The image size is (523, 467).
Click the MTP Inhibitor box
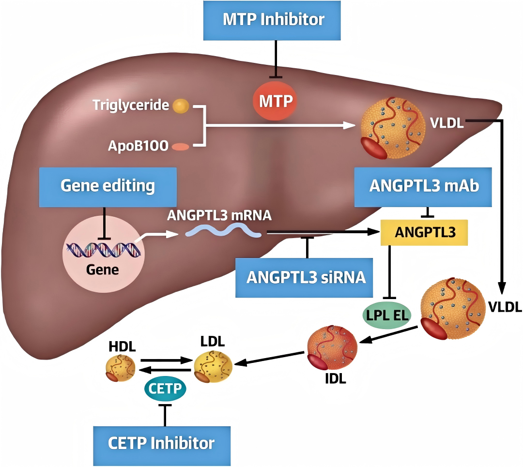(x=274, y=20)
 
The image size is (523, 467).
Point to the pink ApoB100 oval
(x=181, y=146)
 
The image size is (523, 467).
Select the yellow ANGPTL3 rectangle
(x=425, y=232)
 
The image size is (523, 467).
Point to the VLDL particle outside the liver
(x=452, y=308)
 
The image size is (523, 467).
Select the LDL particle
(x=213, y=365)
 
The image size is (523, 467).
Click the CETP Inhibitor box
(x=161, y=442)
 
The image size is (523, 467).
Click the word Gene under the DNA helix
(x=102, y=269)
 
